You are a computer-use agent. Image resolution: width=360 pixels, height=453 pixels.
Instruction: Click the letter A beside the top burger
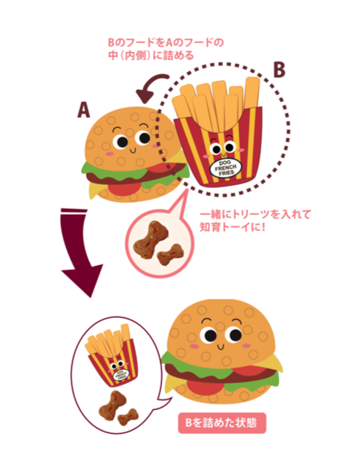coord(84,110)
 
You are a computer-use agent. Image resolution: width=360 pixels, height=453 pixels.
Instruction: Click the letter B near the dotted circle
coord(279,70)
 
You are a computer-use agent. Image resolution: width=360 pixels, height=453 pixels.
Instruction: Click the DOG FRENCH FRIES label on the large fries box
coord(226,168)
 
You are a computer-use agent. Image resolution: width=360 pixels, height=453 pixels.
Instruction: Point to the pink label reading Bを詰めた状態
coord(222,423)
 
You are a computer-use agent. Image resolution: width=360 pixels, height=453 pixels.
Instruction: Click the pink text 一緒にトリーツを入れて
coord(255,215)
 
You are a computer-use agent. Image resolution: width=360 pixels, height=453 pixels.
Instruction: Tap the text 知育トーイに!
coord(232,227)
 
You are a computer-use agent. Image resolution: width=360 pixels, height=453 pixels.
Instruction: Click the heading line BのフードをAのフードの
coord(166,43)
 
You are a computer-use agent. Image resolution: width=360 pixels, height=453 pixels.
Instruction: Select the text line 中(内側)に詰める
coord(151,55)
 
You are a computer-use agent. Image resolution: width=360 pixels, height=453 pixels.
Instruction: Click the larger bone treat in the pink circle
coord(148,239)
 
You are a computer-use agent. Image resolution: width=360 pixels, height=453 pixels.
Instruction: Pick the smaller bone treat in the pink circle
coord(171,253)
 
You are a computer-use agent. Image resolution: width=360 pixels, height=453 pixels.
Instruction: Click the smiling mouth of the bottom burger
coord(220,346)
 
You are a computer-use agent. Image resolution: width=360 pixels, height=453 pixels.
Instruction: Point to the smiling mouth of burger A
coord(133,150)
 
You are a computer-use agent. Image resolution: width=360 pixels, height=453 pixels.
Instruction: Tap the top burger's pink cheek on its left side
coord(109,154)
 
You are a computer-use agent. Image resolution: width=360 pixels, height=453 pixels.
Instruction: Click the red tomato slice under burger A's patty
coord(124,188)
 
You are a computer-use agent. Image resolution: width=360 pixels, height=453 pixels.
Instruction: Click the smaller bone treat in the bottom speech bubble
coord(128,417)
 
